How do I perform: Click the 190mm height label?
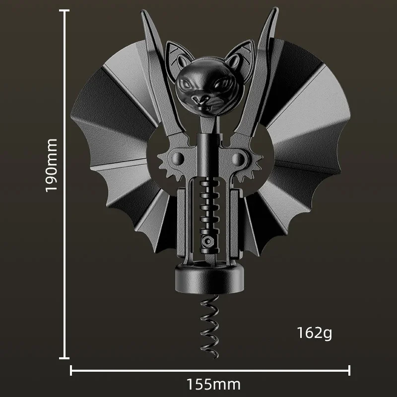point(52,165)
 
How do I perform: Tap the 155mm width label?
point(213,384)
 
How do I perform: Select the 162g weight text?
point(314,333)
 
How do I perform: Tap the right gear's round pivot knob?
point(238,159)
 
